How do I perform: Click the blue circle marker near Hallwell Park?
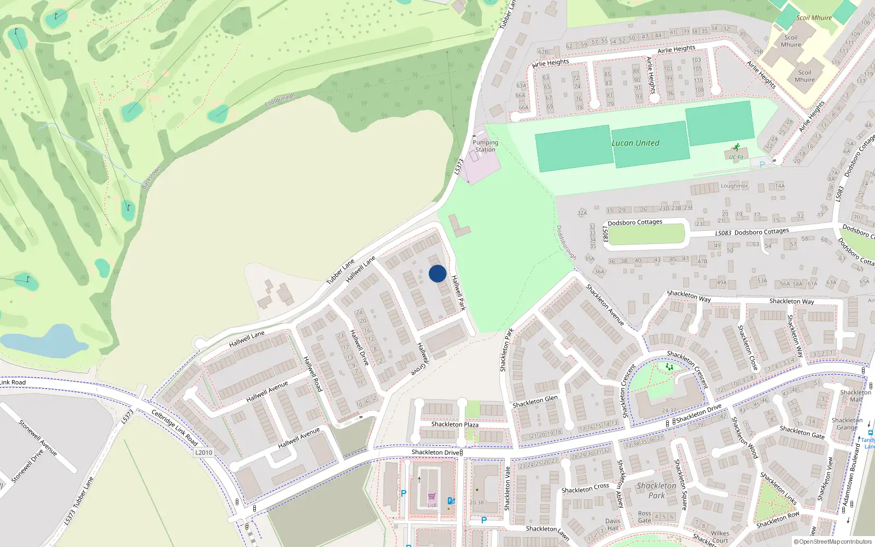[437, 273]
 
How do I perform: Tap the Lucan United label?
[635, 143]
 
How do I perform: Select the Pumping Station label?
[485, 146]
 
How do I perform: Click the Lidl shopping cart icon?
[432, 497]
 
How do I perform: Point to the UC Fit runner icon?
[736, 148]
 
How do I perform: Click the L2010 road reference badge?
[203, 452]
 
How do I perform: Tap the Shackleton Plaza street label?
[454, 424]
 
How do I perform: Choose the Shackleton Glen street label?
[535, 401]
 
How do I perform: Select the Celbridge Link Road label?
[174, 427]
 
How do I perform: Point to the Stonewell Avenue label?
[38, 438]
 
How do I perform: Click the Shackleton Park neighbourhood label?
[656, 490]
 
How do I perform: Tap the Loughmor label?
[734, 186]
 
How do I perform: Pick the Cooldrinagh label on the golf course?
[279, 100]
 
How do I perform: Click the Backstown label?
[151, 177]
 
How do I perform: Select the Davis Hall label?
[613, 525]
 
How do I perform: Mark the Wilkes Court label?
[720, 537]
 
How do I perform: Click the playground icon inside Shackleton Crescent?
[669, 367]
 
